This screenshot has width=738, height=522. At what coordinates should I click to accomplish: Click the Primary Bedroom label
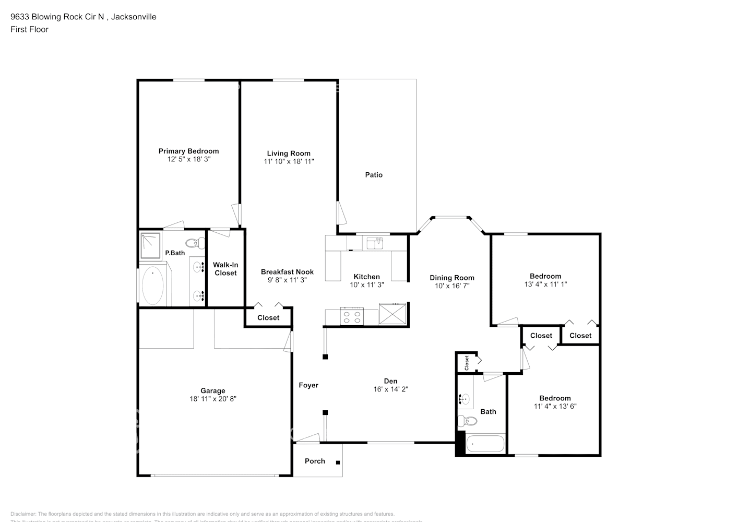click(188, 151)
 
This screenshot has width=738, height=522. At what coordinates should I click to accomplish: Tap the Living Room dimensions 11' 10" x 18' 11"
click(289, 162)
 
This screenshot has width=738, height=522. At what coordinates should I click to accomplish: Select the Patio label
click(374, 175)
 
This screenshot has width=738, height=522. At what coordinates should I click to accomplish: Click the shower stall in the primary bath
click(152, 245)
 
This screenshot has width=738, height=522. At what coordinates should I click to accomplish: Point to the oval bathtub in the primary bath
click(152, 286)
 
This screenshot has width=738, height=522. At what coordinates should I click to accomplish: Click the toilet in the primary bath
click(196, 243)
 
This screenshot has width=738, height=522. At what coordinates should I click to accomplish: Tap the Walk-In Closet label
click(225, 269)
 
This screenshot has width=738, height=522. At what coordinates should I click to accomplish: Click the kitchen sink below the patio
click(375, 243)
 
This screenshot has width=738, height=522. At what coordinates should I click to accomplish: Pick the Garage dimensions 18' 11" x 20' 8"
click(213, 399)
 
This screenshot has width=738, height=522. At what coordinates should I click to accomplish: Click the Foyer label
click(308, 385)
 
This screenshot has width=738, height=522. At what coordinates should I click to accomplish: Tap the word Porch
click(315, 461)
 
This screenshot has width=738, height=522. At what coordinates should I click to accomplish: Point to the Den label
click(391, 381)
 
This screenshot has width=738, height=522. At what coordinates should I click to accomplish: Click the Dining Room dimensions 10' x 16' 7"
click(452, 286)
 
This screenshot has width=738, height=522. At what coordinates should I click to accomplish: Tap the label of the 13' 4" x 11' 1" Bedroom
click(545, 276)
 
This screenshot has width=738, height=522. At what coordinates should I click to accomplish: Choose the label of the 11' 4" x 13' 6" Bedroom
click(555, 398)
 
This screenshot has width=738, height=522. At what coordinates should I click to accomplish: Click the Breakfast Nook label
click(287, 272)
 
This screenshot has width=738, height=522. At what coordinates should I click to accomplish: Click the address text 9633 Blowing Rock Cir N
click(58, 17)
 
